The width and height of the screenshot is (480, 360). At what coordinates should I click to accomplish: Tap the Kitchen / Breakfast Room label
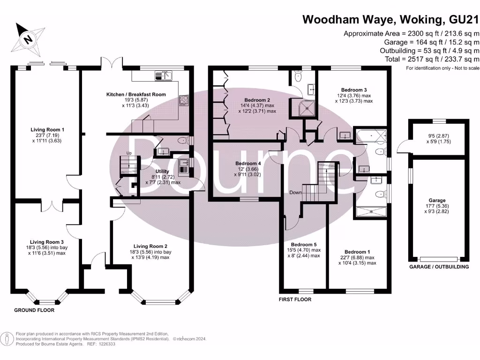click(x=136, y=95)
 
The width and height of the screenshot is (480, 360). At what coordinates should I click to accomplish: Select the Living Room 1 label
click(x=47, y=130)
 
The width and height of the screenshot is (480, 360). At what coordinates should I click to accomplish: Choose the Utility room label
click(x=162, y=172)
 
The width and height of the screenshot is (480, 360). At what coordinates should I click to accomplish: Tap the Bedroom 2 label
click(x=257, y=100)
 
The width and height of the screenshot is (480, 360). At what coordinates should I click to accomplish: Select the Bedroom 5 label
click(x=304, y=245)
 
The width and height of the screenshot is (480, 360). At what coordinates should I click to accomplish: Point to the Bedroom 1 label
click(x=357, y=252)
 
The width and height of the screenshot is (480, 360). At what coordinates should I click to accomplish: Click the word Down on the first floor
click(x=295, y=193)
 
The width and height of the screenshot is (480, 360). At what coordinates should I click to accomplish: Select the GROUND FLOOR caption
click(x=34, y=310)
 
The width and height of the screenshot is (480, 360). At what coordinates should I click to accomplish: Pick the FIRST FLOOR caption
click(x=294, y=299)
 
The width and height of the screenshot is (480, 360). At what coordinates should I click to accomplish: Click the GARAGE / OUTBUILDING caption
click(x=439, y=267)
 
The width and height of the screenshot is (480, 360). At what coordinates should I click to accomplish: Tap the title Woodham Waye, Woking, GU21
click(x=391, y=19)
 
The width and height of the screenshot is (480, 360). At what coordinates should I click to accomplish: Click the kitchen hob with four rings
click(x=183, y=100)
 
